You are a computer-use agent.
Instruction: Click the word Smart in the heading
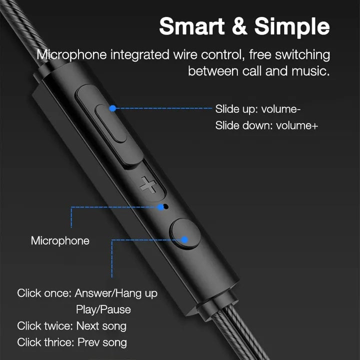(192, 26)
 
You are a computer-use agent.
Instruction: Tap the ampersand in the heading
(240, 26)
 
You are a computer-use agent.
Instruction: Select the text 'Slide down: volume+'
(266, 125)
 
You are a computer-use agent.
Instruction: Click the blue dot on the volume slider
(112, 107)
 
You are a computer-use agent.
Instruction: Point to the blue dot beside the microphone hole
(160, 206)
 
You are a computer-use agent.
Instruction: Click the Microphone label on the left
(60, 240)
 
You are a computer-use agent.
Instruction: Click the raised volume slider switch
(111, 122)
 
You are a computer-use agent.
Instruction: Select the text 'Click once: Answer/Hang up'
(87, 293)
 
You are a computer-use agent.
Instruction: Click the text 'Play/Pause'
(103, 309)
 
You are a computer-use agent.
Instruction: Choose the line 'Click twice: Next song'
(71, 326)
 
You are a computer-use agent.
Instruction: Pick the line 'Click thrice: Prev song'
(71, 343)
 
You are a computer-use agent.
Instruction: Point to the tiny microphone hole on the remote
(166, 205)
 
